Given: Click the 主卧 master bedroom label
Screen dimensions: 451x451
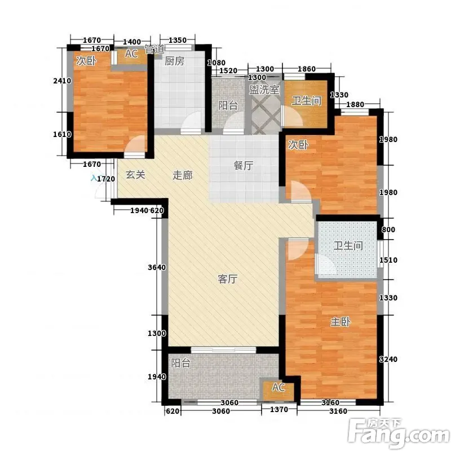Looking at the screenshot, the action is click(x=341, y=321).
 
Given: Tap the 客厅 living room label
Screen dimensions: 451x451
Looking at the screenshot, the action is click(x=228, y=278).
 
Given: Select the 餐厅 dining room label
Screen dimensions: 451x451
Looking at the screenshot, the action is click(x=244, y=165).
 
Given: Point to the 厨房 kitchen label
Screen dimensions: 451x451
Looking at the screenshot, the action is click(x=174, y=61).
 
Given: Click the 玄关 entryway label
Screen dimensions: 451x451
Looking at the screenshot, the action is click(x=135, y=174).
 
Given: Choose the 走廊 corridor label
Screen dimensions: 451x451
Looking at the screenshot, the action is click(x=182, y=175).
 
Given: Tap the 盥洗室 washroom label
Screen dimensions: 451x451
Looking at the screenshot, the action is click(x=264, y=90).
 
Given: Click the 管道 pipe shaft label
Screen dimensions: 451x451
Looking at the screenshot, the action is click(x=154, y=49).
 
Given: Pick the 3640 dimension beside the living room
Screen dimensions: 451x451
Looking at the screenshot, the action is click(x=157, y=267).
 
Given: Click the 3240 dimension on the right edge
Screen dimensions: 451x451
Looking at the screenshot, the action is click(x=388, y=359).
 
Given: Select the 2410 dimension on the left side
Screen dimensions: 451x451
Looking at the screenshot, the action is click(x=62, y=81).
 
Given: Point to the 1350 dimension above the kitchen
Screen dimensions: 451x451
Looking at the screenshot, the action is click(x=178, y=40).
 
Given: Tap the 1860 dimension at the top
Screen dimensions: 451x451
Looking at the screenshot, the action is click(x=307, y=69).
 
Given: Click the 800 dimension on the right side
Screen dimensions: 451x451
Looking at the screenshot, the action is click(x=388, y=229).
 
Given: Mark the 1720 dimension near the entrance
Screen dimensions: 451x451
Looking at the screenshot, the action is click(x=106, y=179).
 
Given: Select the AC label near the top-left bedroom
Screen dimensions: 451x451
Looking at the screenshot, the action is click(x=131, y=54).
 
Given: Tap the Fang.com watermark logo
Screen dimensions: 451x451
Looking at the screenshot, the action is click(x=399, y=433).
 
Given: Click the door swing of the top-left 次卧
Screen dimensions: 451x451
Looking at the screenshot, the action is click(x=135, y=146).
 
